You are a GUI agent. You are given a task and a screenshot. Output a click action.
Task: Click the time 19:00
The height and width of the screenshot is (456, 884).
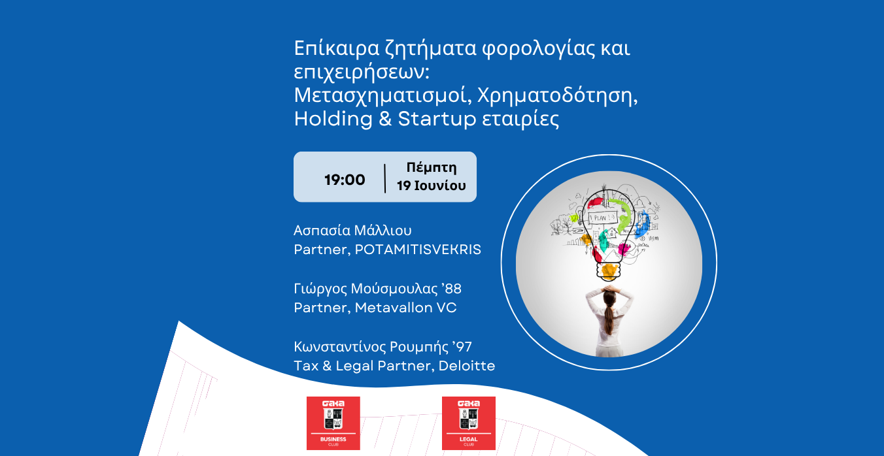[x=345, y=180]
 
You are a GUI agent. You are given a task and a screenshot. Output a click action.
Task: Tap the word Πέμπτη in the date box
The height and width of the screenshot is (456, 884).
[x=432, y=168]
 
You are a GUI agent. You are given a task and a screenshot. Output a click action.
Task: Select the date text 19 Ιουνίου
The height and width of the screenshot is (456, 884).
[x=432, y=186]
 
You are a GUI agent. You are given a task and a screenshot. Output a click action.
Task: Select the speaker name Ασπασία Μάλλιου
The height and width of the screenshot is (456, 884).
[x=353, y=231]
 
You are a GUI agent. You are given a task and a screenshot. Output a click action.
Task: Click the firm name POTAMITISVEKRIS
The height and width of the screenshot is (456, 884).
[x=418, y=250]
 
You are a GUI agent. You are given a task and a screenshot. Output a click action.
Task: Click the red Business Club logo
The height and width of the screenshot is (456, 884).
[x=333, y=423]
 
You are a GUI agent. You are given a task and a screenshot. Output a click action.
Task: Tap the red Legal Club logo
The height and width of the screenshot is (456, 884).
[x=469, y=423]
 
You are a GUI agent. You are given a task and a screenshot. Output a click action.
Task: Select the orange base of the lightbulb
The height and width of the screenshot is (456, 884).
[x=609, y=269]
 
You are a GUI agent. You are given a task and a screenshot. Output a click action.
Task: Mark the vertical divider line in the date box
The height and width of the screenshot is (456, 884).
[x=385, y=178]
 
